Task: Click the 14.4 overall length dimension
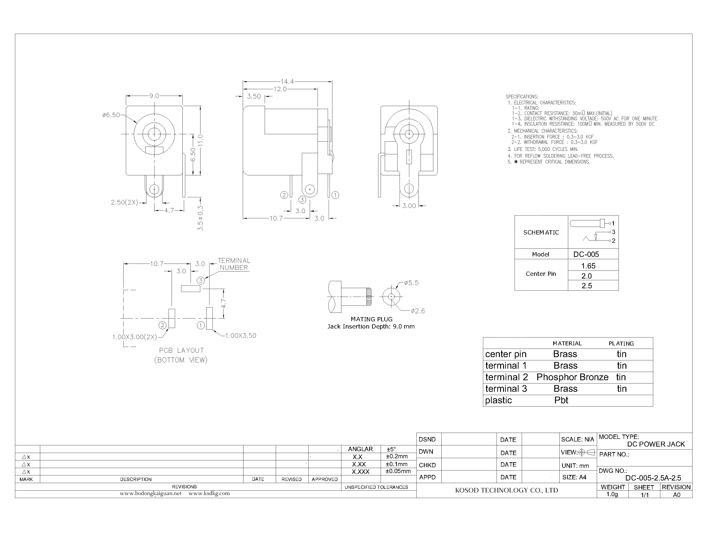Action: pos(287,82)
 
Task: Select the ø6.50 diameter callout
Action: pos(111,115)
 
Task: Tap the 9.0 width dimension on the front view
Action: pos(154,96)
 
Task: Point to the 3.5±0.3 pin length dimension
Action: pos(200,218)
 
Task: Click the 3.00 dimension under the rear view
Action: pos(409,206)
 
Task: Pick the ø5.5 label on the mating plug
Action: pos(411,283)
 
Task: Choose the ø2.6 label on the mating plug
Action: pos(418,311)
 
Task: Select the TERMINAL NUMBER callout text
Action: pos(234,264)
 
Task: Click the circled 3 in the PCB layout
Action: pos(200,281)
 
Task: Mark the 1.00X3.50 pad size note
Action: pos(240,335)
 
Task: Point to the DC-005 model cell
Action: pos(586,254)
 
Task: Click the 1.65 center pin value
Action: pos(588,266)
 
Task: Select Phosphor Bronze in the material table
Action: pos(572,377)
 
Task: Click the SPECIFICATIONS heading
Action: pos(522,97)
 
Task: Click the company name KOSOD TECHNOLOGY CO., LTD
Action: pos(506,490)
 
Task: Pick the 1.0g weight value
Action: pos(612,494)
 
